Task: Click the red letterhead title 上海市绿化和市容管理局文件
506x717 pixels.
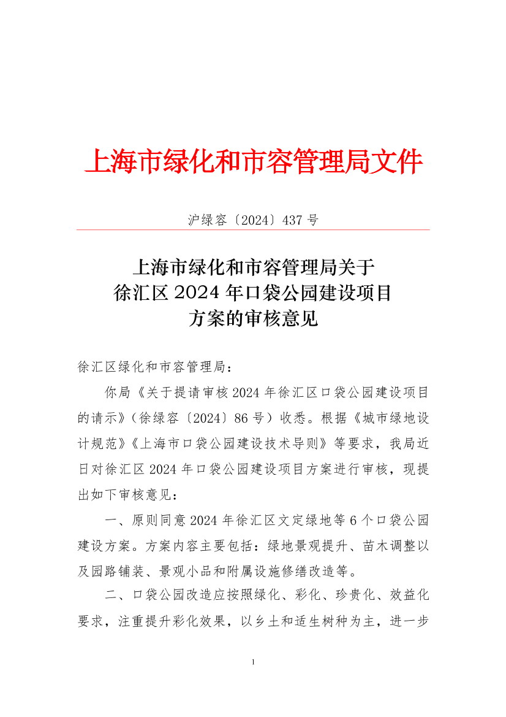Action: click(253, 162)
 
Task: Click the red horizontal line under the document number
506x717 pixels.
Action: click(253, 230)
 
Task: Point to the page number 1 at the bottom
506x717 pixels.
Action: click(253, 662)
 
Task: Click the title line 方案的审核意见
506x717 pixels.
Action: click(253, 318)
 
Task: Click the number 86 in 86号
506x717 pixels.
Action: click(242, 418)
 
